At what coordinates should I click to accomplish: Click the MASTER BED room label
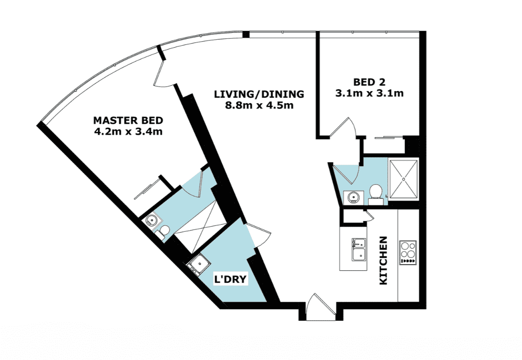[128, 120]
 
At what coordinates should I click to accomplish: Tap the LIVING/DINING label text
[259, 94]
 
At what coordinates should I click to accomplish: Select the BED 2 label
[369, 82]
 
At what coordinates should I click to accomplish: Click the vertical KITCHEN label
[384, 261]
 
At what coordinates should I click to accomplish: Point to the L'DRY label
[230, 279]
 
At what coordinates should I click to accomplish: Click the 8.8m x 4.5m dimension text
[259, 106]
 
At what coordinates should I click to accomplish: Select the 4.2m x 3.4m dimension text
[129, 131]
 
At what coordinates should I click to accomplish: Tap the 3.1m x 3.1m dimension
[369, 93]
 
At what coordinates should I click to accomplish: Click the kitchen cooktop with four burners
[408, 253]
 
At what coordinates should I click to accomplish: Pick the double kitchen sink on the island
[359, 249]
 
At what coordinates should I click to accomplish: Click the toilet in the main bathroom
[375, 195]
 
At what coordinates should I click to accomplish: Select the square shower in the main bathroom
[403, 179]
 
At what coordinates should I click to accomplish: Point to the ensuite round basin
[152, 220]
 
